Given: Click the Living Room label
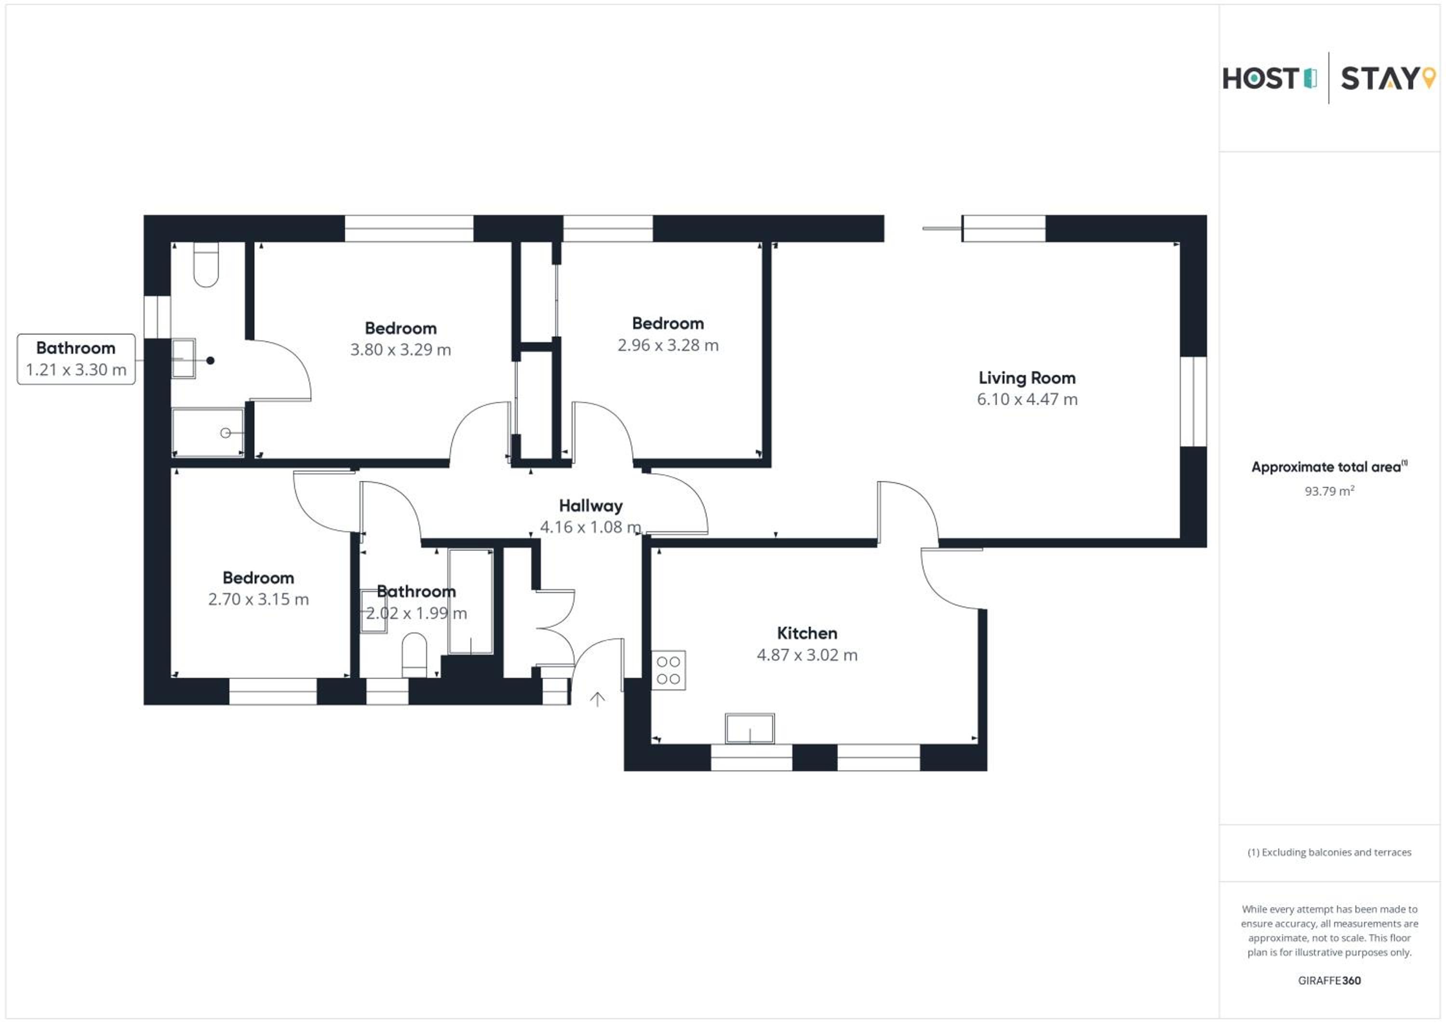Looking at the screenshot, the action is [x=1027, y=378].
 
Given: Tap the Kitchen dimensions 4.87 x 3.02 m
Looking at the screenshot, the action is [x=807, y=655].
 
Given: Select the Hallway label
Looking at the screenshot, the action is [x=591, y=506].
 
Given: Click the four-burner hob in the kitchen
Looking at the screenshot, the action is [x=668, y=670].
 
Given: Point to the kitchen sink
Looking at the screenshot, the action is [x=750, y=729].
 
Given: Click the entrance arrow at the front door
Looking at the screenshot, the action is [x=597, y=699].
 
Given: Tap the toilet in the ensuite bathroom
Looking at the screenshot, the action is [x=206, y=265].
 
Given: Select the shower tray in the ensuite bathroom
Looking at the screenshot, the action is [x=207, y=432].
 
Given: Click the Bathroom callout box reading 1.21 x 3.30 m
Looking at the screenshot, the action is [x=76, y=359].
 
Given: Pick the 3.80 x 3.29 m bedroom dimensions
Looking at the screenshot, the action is [x=401, y=350].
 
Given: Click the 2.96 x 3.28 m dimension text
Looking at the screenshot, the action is [x=668, y=345].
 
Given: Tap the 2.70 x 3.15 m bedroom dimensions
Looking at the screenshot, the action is [x=258, y=599].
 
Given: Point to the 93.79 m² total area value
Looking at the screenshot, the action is [x=1329, y=491].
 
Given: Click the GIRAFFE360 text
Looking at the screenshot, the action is [x=1329, y=980].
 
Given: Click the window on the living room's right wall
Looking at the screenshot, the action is [x=1193, y=401].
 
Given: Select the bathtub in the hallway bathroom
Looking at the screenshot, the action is [x=470, y=602].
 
